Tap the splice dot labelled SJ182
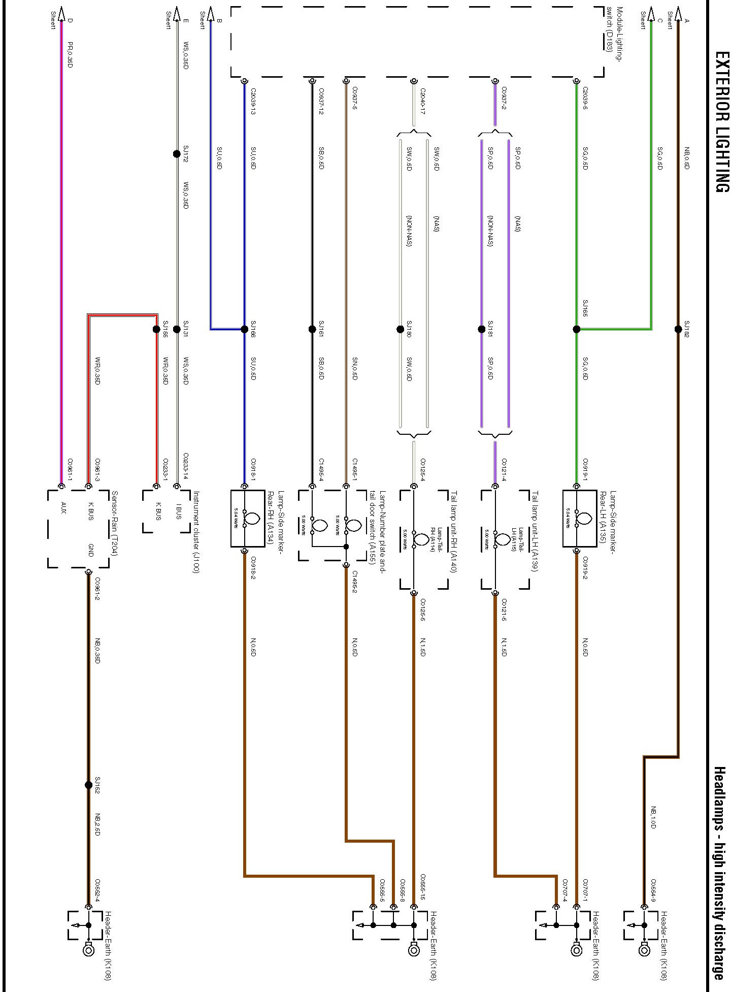(x=678, y=329)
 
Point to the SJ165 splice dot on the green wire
(x=576, y=329)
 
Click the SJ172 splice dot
(x=177, y=154)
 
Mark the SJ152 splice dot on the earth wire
(x=88, y=785)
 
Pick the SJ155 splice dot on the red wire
(x=156, y=329)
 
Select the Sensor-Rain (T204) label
(x=114, y=523)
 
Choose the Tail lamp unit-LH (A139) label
(x=534, y=531)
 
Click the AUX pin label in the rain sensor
(x=63, y=508)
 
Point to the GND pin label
(x=91, y=551)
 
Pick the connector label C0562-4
(x=97, y=890)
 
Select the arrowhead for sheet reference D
(x=62, y=13)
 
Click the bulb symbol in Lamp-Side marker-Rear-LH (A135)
(x=584, y=519)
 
